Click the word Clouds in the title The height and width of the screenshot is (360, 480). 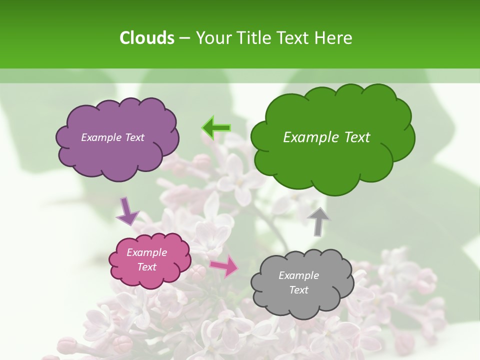(x=147, y=38)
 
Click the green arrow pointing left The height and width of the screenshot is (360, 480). (x=216, y=128)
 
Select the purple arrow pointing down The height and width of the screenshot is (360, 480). (x=126, y=211)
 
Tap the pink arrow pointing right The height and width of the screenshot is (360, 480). (x=224, y=266)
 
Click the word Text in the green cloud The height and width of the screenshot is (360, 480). (x=355, y=137)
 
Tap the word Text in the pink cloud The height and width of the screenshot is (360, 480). (x=146, y=267)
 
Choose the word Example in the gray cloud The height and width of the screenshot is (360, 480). (x=298, y=275)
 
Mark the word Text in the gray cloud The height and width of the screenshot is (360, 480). (x=298, y=290)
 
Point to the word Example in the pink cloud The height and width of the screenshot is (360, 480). (x=146, y=252)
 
